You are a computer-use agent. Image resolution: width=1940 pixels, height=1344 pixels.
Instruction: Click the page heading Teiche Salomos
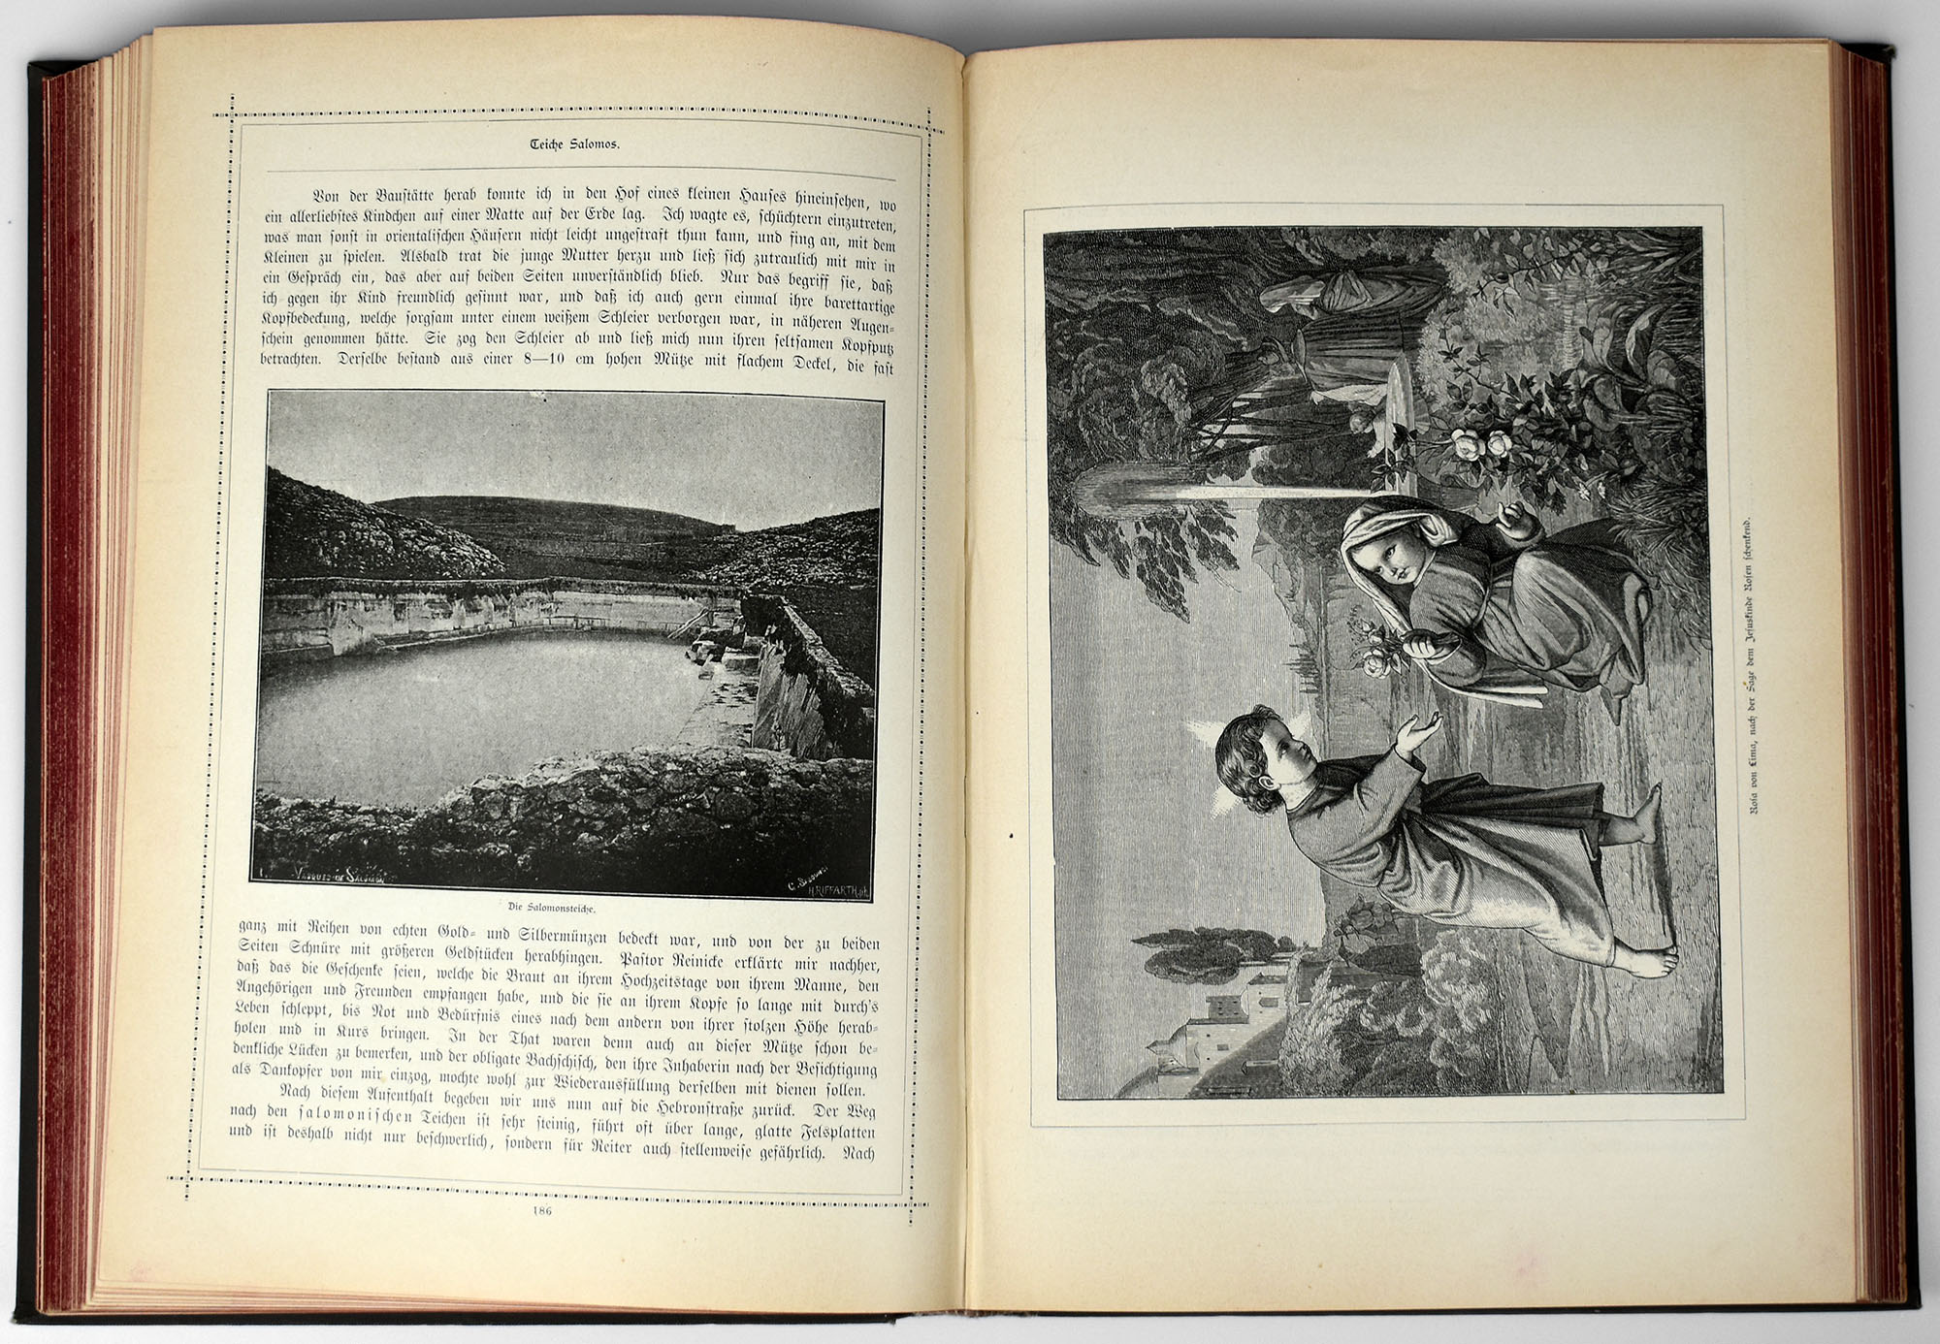pos(574,144)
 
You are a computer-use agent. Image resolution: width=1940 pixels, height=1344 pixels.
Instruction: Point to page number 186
pos(542,1210)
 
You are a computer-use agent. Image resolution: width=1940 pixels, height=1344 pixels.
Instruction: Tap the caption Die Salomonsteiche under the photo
pos(551,908)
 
